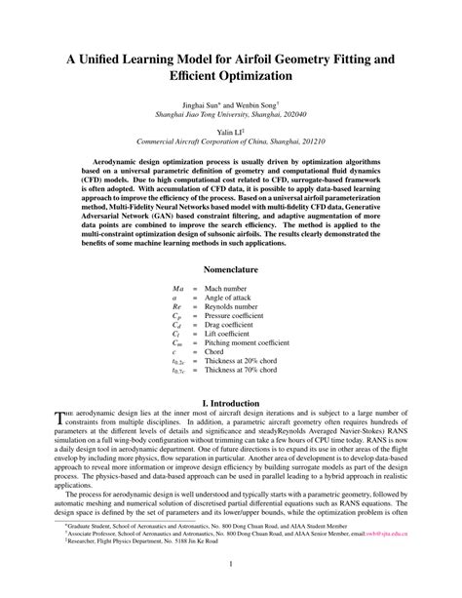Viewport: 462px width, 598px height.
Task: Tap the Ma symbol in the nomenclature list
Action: point(177,290)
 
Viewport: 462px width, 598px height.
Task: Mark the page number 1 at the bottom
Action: point(231,565)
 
